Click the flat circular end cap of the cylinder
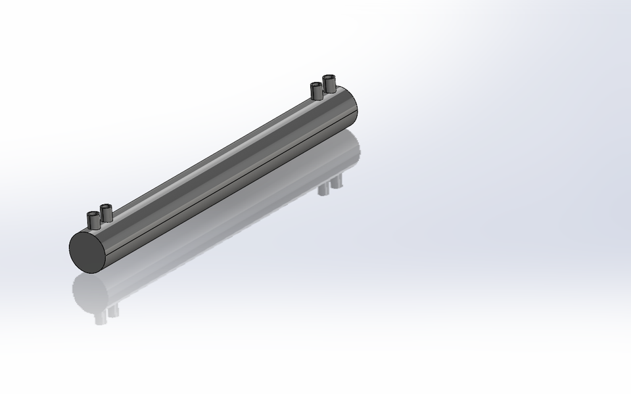[x=88, y=251]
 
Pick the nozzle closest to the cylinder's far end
[x=329, y=85]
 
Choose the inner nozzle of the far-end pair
[x=316, y=91]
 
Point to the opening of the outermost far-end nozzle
[x=329, y=78]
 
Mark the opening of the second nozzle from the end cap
[x=106, y=208]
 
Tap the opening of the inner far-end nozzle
[x=316, y=85]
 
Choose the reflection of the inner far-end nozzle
[x=324, y=189]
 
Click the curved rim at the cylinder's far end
[x=356, y=105]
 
